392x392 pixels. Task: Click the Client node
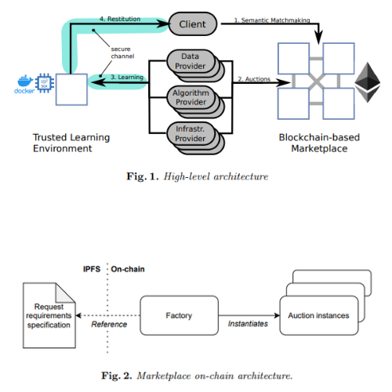point(193,24)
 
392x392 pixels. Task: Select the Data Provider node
point(191,61)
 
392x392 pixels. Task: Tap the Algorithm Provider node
point(191,97)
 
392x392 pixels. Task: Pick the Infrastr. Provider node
point(191,134)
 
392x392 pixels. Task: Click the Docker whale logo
point(24,84)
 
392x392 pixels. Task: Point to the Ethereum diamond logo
point(368,82)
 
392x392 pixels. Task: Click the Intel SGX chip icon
point(45,83)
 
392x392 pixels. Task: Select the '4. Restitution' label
point(120,19)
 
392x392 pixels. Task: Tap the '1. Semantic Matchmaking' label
point(272,20)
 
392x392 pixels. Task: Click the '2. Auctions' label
point(254,79)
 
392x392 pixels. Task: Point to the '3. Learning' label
point(127,77)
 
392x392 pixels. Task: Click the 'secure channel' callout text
point(122,53)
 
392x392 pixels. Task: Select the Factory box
point(179,315)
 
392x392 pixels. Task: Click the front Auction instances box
point(319,315)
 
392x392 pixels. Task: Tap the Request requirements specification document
point(49,315)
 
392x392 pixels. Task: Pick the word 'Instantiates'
point(248,324)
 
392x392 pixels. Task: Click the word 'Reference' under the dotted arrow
point(109,325)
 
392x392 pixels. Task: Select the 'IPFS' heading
point(92,269)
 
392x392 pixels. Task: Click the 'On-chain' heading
point(128,269)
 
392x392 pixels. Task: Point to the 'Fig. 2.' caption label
point(117,376)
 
